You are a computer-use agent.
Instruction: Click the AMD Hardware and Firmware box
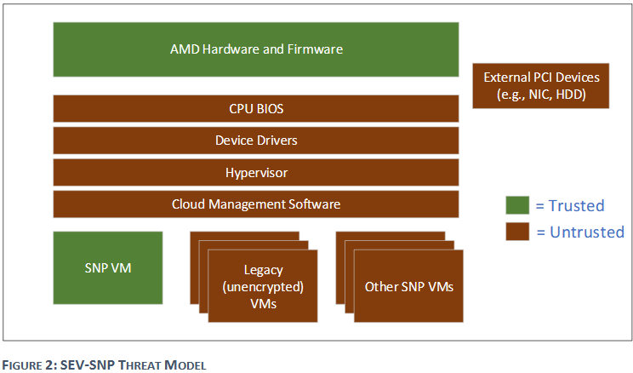(256, 49)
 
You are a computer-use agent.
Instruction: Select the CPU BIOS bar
(256, 108)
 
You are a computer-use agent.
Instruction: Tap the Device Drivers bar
(256, 140)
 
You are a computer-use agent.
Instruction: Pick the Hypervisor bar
(256, 172)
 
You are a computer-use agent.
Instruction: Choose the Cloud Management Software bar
(256, 204)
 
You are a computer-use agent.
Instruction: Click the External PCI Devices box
(541, 85)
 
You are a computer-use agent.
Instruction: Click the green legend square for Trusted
(516, 205)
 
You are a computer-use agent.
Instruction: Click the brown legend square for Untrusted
(516, 232)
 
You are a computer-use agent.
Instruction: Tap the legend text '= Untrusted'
(579, 232)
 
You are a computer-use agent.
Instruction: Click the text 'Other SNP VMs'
(408, 286)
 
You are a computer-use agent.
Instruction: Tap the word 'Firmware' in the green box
(315, 49)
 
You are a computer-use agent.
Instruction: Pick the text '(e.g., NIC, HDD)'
(541, 94)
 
